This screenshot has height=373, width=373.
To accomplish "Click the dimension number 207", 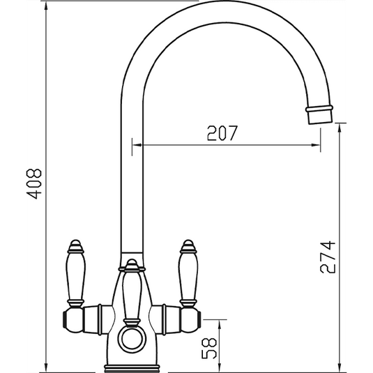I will (x=223, y=133).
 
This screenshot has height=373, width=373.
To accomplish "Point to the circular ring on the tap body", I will (x=132, y=340).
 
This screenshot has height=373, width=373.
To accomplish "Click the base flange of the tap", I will (x=132, y=365).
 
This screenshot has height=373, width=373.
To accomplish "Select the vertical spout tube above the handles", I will (x=132, y=181).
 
